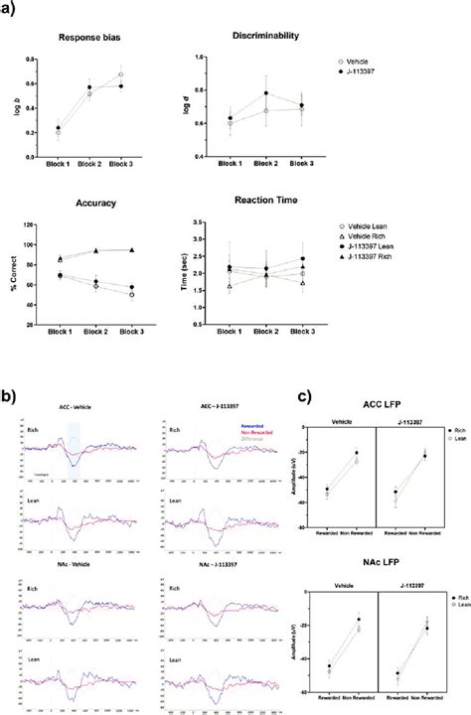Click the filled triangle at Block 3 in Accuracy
(131, 251)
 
